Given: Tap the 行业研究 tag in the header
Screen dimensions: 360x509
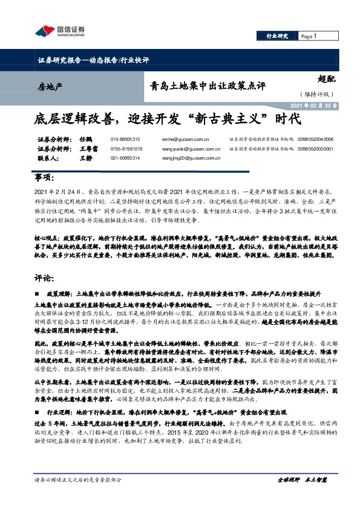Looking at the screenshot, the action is [277, 36].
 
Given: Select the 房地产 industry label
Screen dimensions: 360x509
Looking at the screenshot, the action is [50, 87].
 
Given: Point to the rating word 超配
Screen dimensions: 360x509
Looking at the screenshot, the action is [327, 78].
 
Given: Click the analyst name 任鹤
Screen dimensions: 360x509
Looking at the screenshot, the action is [85, 139].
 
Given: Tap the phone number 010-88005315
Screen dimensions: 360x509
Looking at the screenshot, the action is [125, 139].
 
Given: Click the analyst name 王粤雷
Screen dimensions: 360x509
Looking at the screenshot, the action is [88, 149].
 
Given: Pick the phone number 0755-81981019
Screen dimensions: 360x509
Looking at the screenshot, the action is [126, 149].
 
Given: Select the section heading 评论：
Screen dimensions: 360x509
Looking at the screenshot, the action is [46, 278].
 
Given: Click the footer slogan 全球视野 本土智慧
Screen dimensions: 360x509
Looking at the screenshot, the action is [301, 496].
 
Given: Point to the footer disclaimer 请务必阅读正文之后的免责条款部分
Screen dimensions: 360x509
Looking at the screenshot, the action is [78, 496].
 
